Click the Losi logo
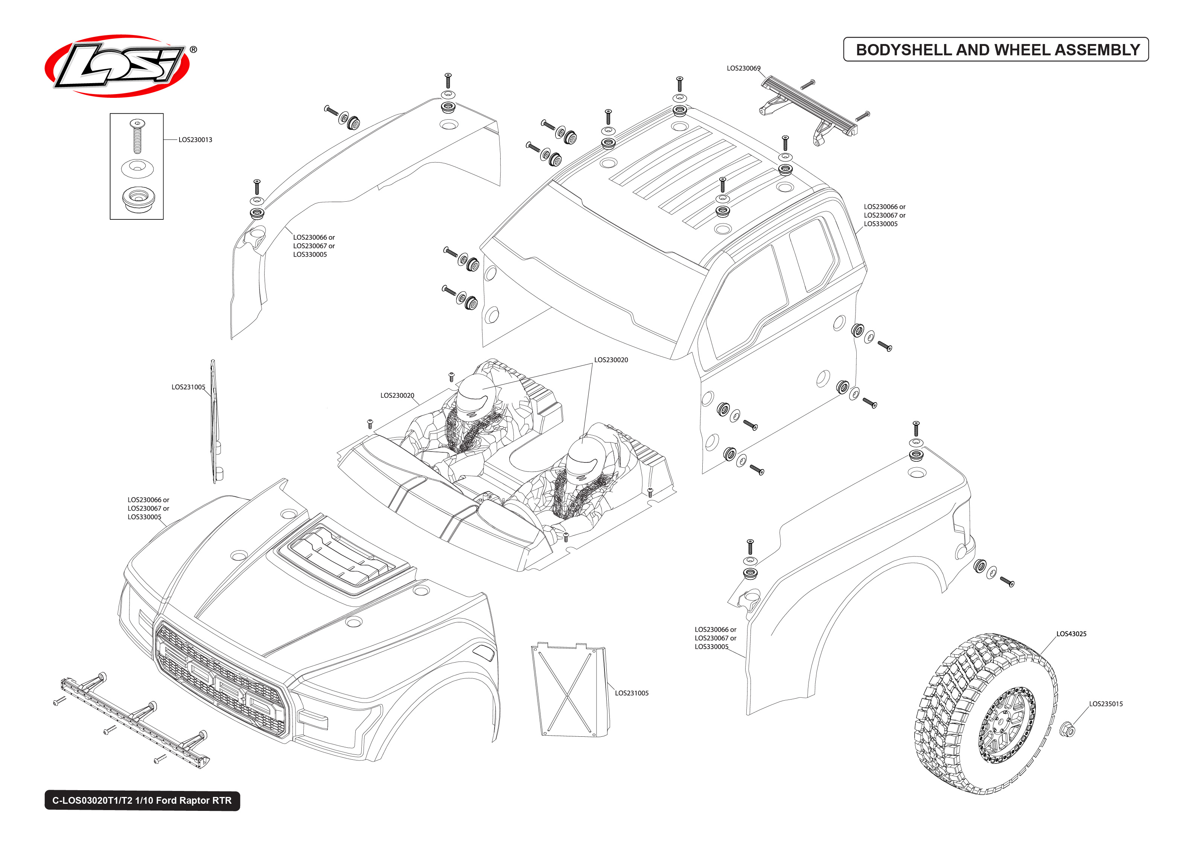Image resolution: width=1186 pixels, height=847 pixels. click(117, 66)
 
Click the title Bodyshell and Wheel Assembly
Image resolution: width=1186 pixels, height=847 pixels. click(997, 50)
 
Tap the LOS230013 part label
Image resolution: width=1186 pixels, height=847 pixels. click(195, 140)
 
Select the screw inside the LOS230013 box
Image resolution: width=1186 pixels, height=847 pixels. click(137, 135)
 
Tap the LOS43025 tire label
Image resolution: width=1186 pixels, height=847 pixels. click(1071, 634)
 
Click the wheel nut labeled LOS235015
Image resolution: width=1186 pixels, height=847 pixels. click(1067, 730)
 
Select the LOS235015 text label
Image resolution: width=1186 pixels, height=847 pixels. click(1106, 704)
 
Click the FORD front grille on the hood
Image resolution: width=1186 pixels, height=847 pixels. click(222, 681)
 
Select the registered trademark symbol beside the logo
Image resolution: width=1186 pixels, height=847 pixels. click(193, 50)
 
